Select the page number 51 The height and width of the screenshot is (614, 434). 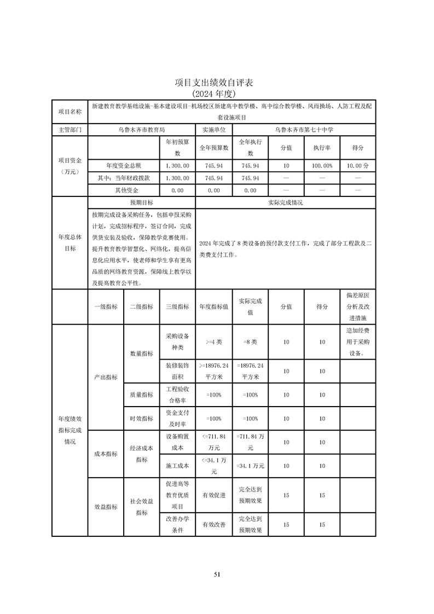tap(217, 574)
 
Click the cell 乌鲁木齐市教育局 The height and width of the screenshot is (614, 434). tap(141, 130)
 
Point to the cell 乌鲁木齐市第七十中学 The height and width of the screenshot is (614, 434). tap(304, 130)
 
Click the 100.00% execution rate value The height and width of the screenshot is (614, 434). tap(322, 165)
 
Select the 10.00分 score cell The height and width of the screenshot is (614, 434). tap(357, 165)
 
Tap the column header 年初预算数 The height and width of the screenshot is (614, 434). tap(177, 147)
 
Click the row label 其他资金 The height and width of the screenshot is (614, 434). tap(124, 190)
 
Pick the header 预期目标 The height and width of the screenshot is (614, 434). tap(141, 202)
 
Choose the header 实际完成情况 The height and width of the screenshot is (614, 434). tap(285, 202)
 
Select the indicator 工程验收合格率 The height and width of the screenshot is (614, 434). tap(177, 395)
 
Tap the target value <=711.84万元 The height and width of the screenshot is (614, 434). tap(214, 442)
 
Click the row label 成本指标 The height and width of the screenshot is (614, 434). tap(106, 454)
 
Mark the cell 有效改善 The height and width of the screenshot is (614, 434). tap(214, 524)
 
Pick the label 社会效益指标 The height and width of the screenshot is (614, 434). tap(142, 507)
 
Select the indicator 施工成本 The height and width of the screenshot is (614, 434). tap(177, 466)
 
